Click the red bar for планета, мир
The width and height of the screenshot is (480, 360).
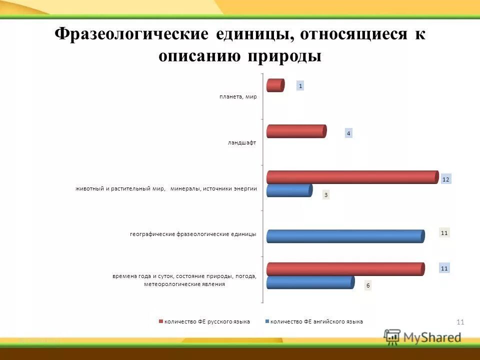coord(275,85)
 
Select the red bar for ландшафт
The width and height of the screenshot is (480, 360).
coord(296,131)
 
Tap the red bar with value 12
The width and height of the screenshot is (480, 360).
coord(352,177)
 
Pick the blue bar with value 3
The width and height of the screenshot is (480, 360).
coord(289,190)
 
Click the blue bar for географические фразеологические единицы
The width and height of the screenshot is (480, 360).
coord(345,236)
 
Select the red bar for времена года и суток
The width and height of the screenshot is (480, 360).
coord(345,269)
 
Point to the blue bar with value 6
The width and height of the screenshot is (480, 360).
coord(310,282)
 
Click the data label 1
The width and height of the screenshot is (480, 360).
coord(300,86)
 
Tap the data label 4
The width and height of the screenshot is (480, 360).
coord(348,133)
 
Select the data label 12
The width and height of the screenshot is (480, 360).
coord(446,179)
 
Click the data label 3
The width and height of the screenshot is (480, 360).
coord(325,195)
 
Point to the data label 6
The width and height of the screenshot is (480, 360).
coord(367,285)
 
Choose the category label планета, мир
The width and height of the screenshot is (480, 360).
coord(238,97)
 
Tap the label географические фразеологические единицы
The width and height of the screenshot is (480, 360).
coord(193,234)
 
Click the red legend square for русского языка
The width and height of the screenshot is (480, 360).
coord(161,321)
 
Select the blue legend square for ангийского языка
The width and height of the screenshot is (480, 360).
coord(267,321)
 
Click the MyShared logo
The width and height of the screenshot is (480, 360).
coord(422,337)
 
